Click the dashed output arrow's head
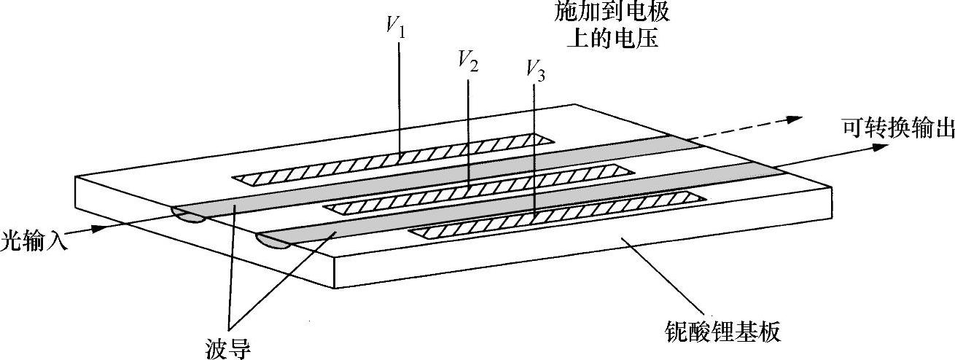[798, 119]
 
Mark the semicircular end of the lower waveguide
[274, 242]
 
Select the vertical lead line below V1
[400, 95]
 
